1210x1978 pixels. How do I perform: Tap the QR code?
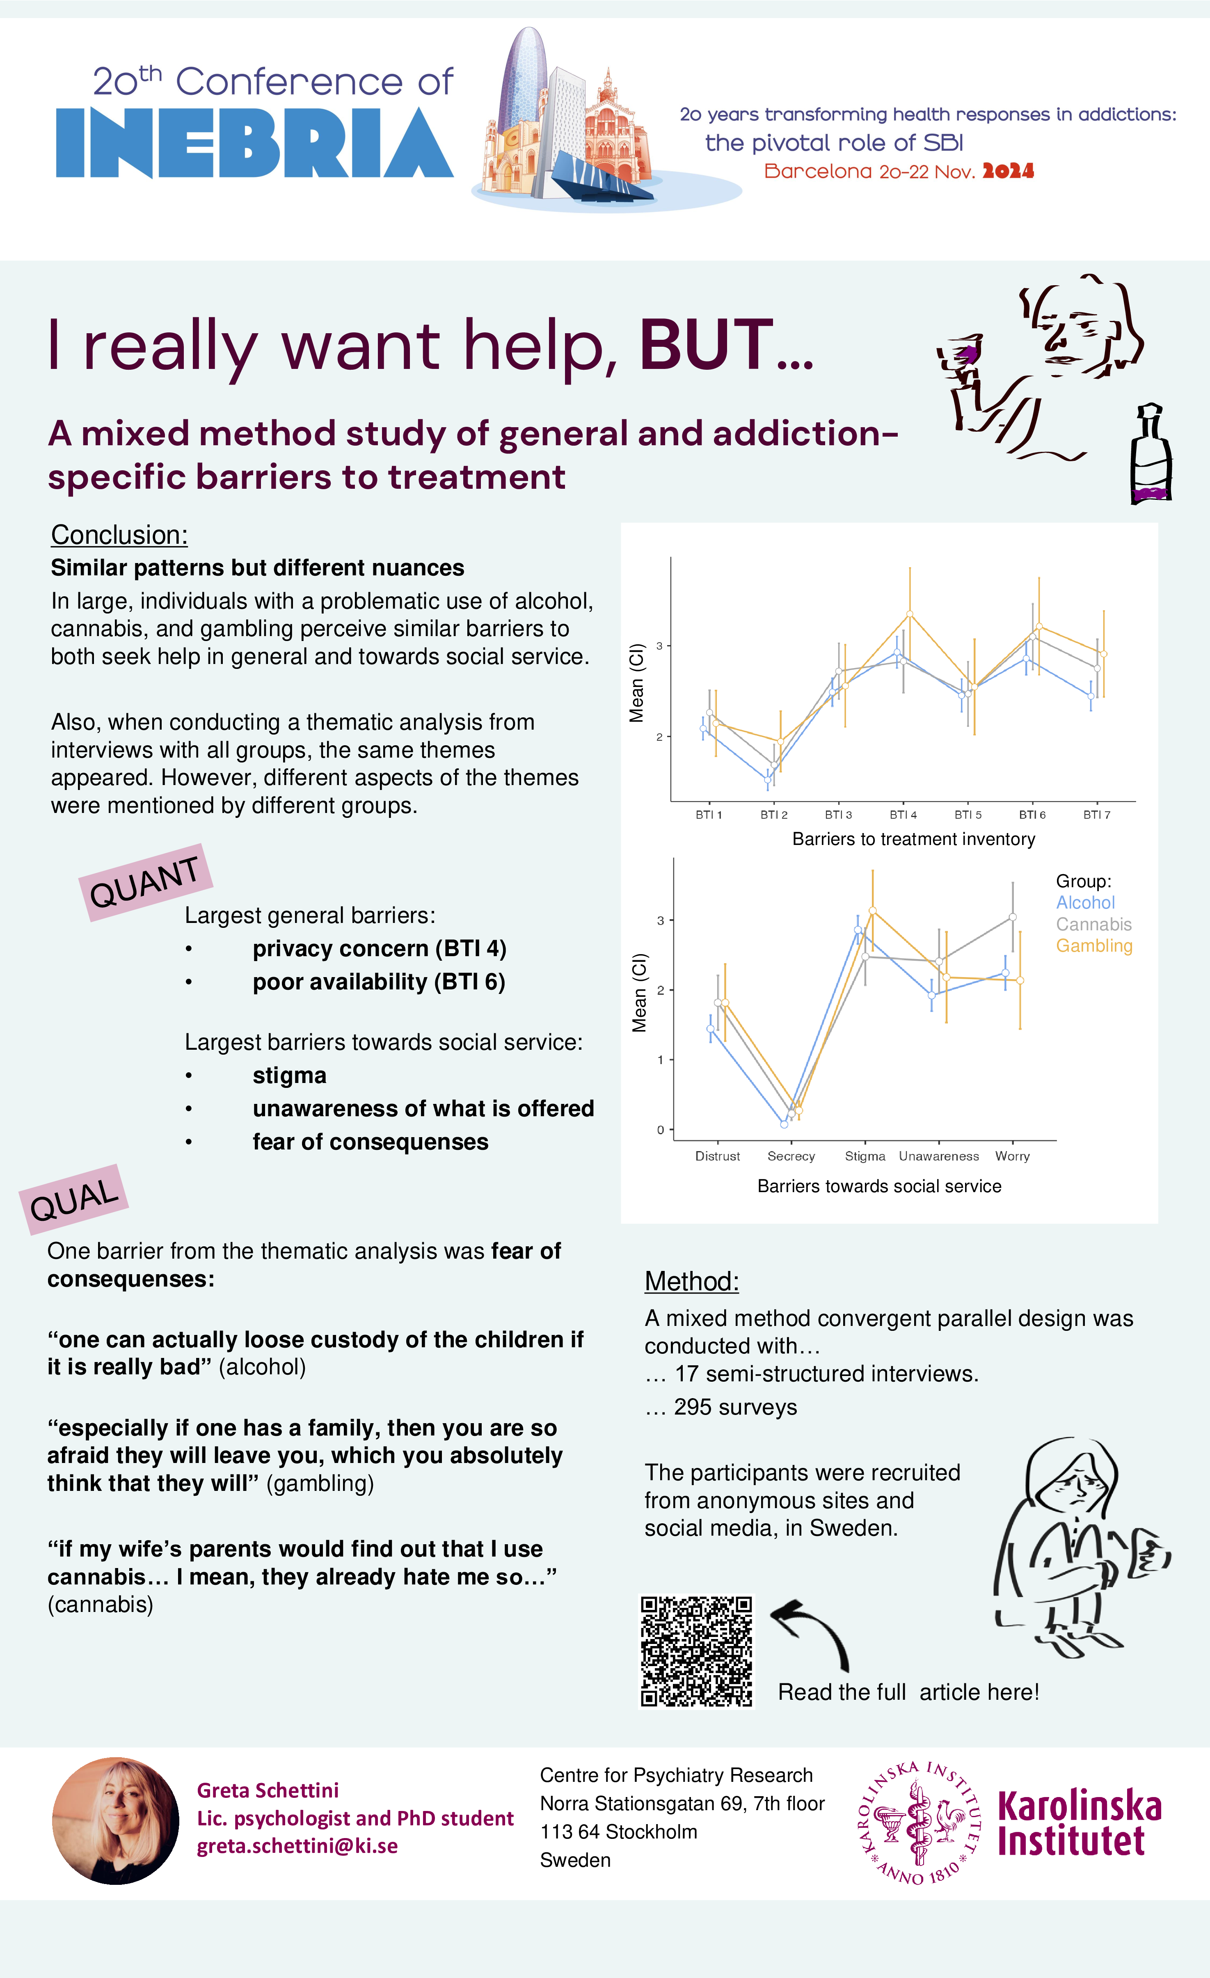pyautogui.click(x=695, y=1651)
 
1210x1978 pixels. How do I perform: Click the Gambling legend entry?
pyautogui.click(x=1093, y=946)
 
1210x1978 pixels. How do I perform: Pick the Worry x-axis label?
pyautogui.click(x=1012, y=1156)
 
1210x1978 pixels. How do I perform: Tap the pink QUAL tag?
pyautogui.click(x=74, y=1199)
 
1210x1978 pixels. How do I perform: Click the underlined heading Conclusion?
pyautogui.click(x=119, y=535)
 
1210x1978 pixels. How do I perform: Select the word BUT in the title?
pyautogui.click(x=706, y=345)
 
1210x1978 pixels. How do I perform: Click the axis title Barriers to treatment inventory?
pyautogui.click(x=913, y=839)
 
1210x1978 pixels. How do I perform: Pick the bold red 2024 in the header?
pyautogui.click(x=1008, y=171)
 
